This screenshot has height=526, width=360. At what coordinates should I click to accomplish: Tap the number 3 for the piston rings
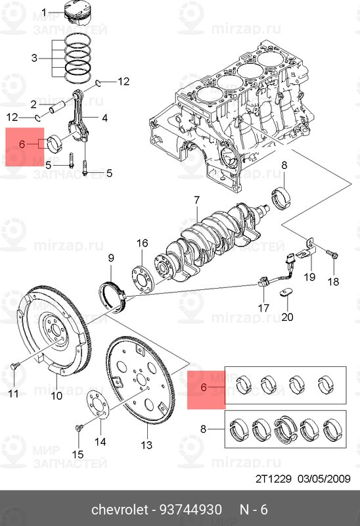tap(34, 58)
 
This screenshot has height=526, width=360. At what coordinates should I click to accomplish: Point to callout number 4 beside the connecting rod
tap(104, 118)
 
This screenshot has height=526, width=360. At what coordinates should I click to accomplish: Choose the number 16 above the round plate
tap(142, 243)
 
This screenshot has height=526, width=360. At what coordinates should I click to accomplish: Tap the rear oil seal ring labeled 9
tap(113, 297)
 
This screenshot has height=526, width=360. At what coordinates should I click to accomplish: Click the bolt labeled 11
tap(15, 366)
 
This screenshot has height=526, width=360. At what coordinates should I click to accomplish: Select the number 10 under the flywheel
tap(56, 396)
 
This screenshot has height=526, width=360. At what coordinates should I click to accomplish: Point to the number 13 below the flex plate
tap(146, 445)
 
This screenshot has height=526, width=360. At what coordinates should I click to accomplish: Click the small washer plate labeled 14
tap(97, 406)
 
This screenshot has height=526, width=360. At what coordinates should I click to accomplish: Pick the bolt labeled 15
tap(79, 428)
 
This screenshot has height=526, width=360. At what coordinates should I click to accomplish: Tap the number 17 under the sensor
tap(263, 308)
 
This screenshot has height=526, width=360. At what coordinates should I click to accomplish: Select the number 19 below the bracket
tap(309, 276)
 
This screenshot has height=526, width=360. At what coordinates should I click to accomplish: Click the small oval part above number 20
tap(286, 293)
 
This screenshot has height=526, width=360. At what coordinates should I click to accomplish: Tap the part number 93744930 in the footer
tap(191, 510)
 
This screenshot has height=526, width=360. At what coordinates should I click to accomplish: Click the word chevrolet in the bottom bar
tap(120, 510)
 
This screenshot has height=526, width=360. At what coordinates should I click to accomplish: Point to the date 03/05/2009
tap(324, 479)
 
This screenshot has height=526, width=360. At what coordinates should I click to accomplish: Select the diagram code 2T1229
tap(273, 479)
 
